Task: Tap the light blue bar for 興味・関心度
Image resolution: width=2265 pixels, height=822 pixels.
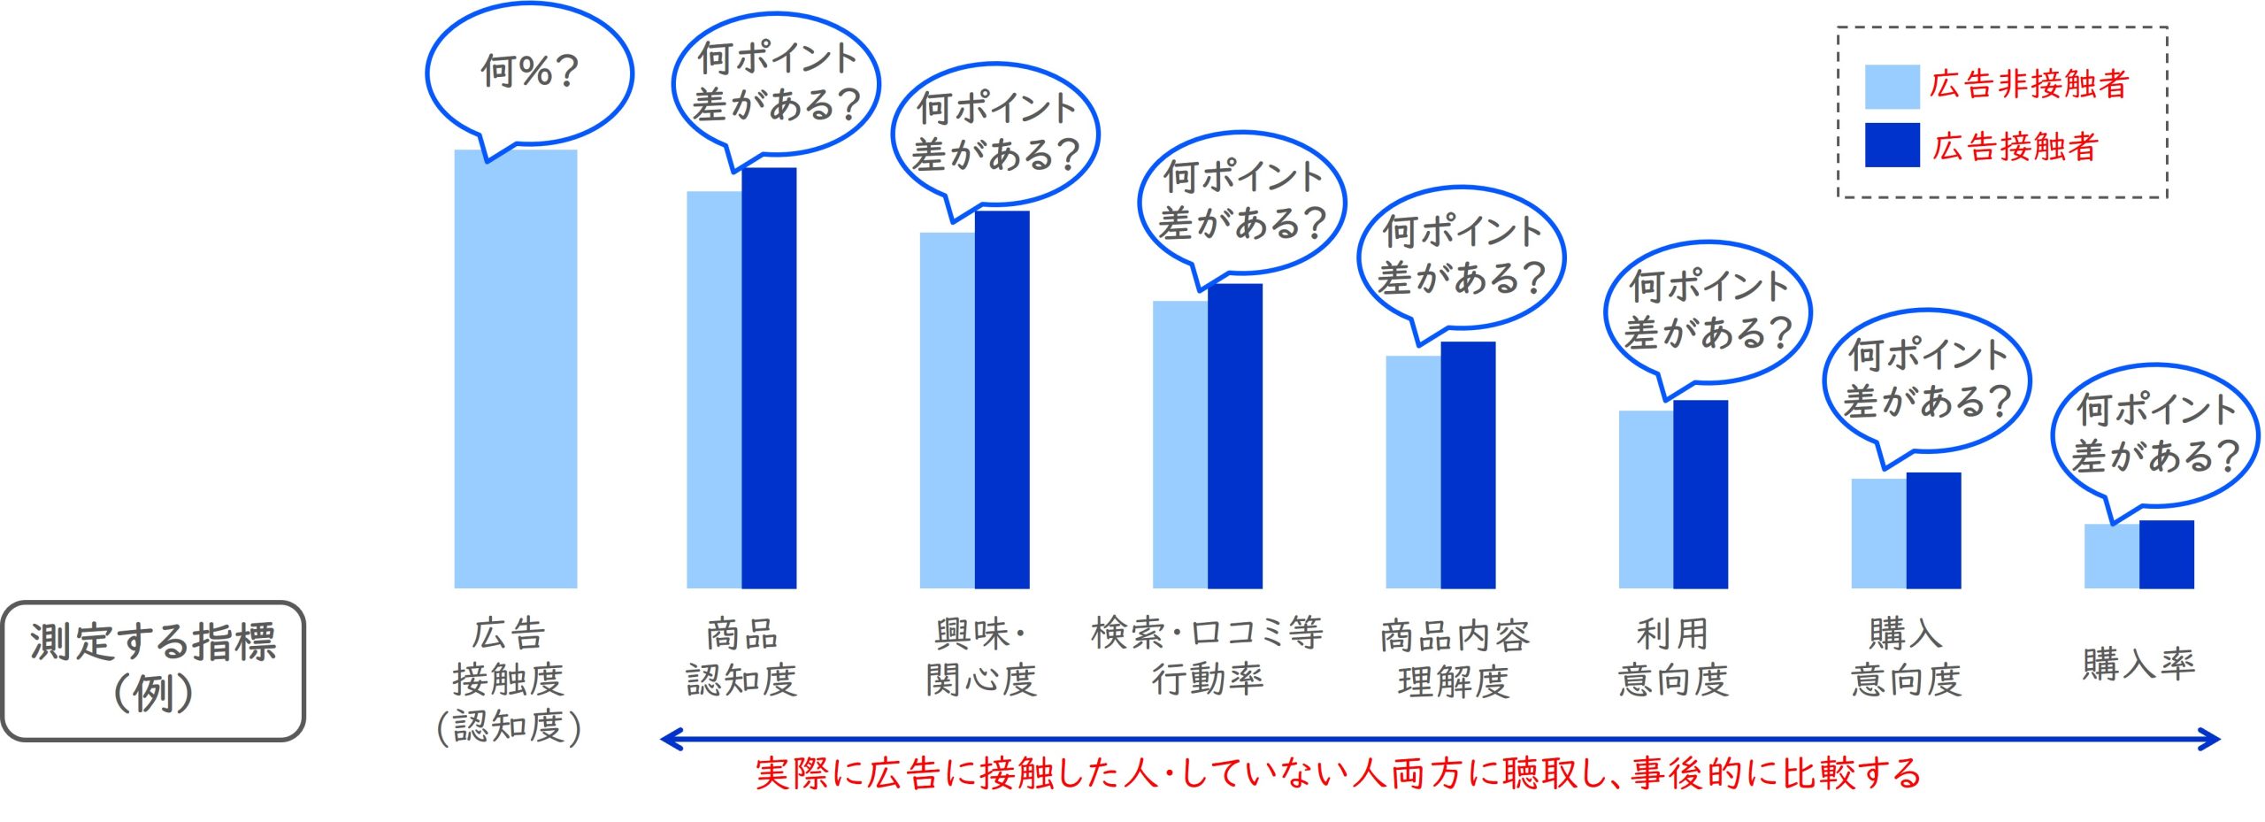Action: coord(947,411)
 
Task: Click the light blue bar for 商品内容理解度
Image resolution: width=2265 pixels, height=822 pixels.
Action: coord(1413,472)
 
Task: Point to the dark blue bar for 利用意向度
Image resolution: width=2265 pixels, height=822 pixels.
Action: coord(1700,495)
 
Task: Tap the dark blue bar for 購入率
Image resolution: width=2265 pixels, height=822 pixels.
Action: coord(2166,555)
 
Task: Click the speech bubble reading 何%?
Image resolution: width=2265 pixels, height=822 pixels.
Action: coord(529,73)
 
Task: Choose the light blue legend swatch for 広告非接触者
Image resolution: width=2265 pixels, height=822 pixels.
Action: coord(1892,87)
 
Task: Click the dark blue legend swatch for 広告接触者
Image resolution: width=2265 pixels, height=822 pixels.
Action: coord(1892,145)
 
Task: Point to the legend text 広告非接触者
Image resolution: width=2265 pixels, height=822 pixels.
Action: coord(2028,85)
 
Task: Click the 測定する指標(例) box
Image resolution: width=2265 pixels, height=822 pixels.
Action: coord(153,670)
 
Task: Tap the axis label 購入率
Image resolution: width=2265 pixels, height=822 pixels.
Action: coord(2138,664)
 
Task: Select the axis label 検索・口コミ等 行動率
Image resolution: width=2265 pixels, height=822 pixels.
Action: coord(1207,656)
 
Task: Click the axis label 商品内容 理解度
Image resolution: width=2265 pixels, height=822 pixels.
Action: coord(1454,658)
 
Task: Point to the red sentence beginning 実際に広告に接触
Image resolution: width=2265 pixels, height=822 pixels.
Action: coord(1337,773)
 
